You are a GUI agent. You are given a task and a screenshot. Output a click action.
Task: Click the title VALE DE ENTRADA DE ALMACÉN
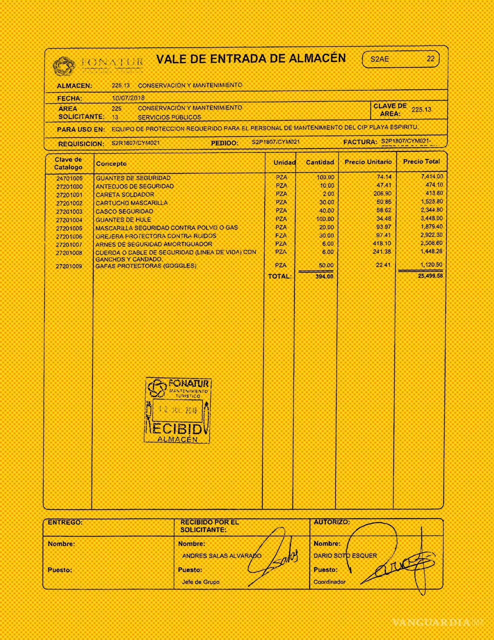click(x=251, y=59)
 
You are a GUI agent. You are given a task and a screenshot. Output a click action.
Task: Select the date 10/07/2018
click(x=128, y=98)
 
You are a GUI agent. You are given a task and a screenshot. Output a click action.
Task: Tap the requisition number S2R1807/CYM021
click(x=136, y=143)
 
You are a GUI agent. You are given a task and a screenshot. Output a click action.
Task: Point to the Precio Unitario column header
click(x=368, y=162)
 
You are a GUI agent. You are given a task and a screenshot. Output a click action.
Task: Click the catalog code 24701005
click(x=69, y=178)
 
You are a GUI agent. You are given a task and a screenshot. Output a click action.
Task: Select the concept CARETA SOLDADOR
click(x=125, y=195)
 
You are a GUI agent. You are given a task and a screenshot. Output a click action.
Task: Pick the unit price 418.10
click(x=382, y=244)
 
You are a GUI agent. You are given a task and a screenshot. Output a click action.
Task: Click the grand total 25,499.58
click(x=430, y=276)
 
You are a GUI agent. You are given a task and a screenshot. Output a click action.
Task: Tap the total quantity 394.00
click(x=324, y=277)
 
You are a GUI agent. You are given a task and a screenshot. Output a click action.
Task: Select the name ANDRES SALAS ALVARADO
click(x=222, y=555)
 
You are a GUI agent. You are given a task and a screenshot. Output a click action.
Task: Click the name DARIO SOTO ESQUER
click(x=345, y=555)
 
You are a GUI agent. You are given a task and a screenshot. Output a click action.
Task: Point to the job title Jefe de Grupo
click(x=201, y=582)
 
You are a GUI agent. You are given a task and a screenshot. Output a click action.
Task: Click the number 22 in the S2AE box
click(x=430, y=59)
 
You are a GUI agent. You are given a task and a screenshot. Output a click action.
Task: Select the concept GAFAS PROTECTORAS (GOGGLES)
click(x=146, y=266)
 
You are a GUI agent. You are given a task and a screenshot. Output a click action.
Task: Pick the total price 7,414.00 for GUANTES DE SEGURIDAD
click(x=432, y=176)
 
